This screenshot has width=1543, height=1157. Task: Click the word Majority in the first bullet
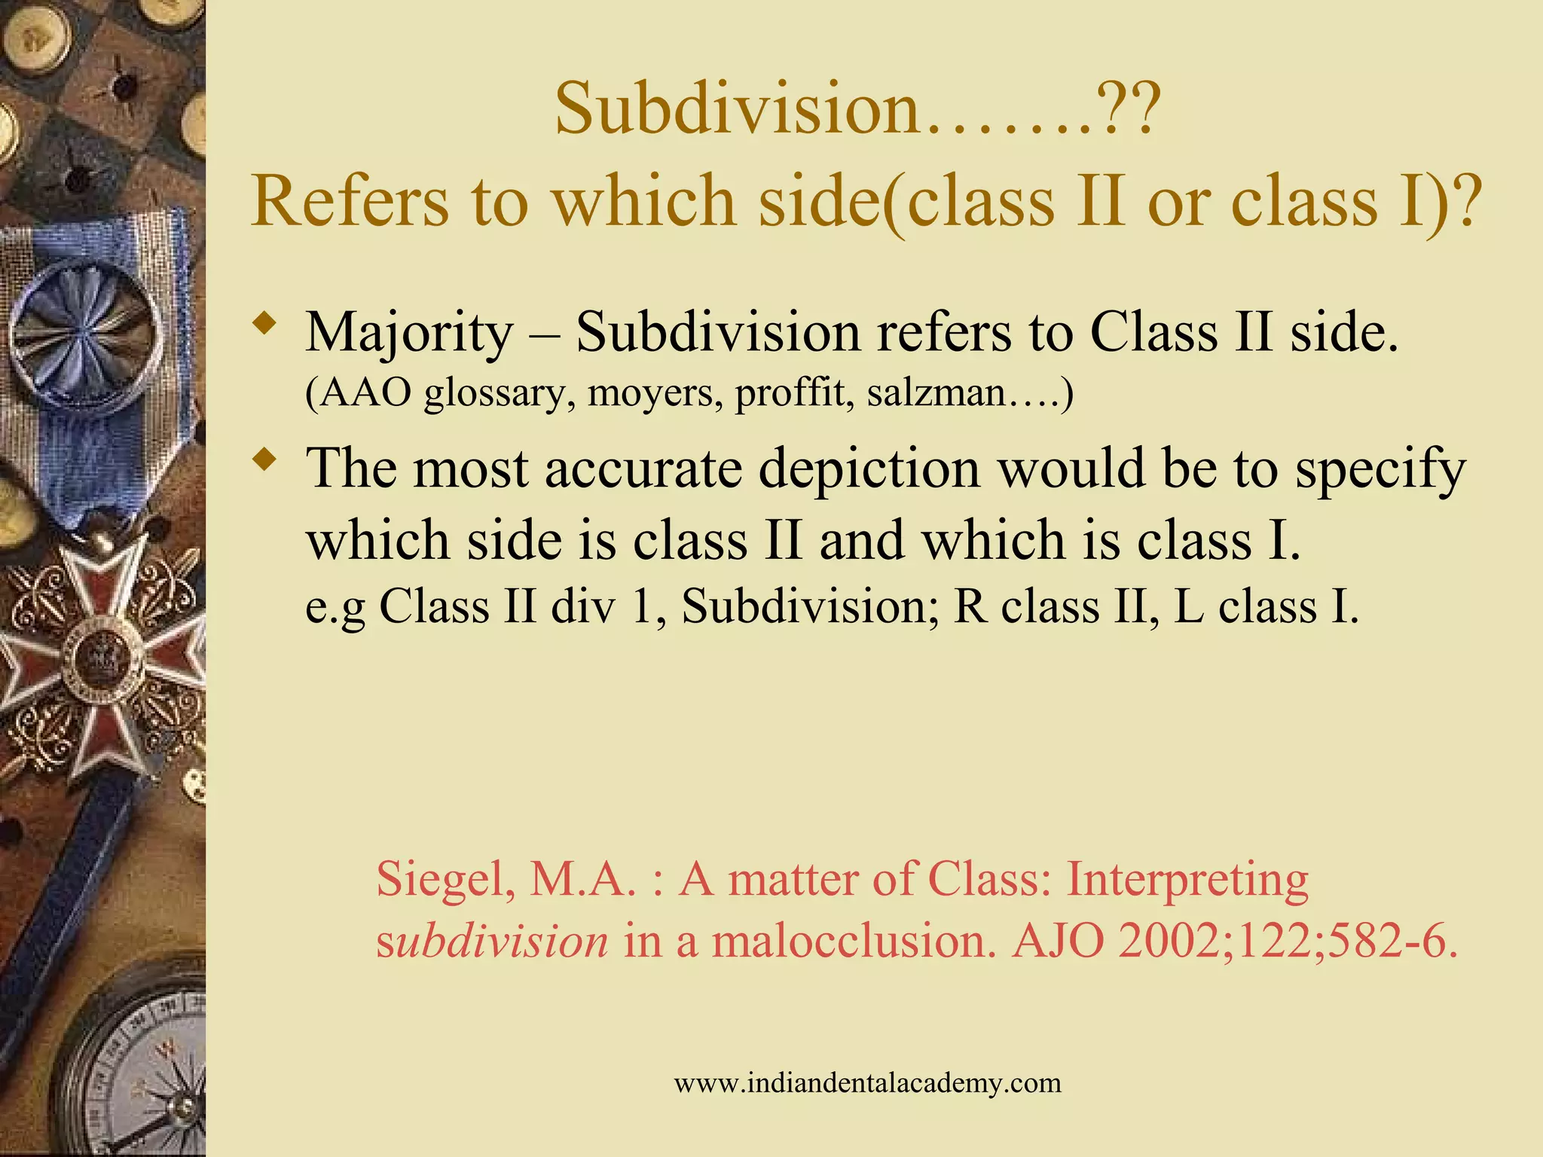click(409, 334)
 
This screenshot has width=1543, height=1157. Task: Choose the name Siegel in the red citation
click(445, 880)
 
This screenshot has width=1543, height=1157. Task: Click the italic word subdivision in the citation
click(492, 942)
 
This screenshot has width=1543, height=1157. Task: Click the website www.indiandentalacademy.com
click(867, 1083)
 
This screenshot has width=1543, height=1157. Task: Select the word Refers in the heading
click(353, 202)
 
